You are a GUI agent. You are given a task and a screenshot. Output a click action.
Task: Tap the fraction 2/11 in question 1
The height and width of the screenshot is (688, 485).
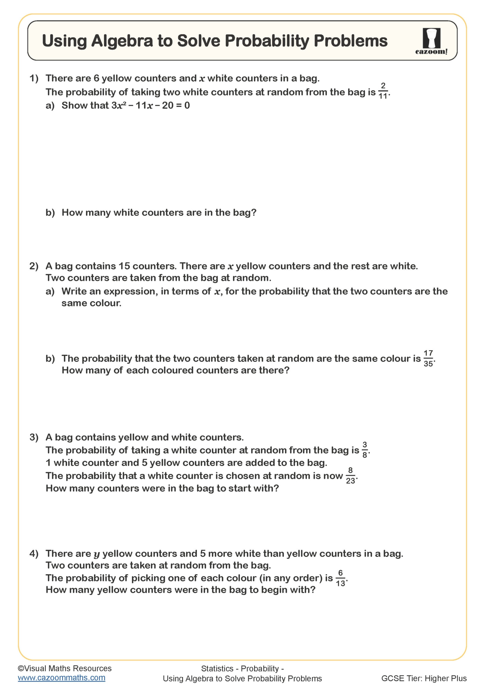pyautogui.click(x=383, y=91)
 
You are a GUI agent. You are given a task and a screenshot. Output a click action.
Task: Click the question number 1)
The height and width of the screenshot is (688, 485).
pyautogui.click(x=34, y=78)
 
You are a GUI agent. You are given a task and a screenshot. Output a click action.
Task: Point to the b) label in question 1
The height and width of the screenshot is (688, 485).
pyautogui.click(x=50, y=213)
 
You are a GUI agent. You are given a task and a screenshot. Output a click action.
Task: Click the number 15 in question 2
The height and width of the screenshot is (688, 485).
pyautogui.click(x=124, y=266)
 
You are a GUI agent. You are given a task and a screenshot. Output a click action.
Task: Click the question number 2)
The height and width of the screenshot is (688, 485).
pyautogui.click(x=34, y=266)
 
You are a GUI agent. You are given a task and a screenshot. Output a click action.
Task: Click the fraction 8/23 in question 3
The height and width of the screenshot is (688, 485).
pyautogui.click(x=350, y=475)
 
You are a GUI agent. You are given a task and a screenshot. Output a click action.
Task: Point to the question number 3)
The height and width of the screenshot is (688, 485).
pyautogui.click(x=34, y=437)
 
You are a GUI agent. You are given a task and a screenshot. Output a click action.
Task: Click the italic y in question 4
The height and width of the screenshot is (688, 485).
pyautogui.click(x=97, y=554)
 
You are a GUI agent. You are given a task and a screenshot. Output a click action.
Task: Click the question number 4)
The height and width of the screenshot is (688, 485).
pyautogui.click(x=34, y=553)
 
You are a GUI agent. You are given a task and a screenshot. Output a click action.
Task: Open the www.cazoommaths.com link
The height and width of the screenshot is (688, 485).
pyautogui.click(x=62, y=678)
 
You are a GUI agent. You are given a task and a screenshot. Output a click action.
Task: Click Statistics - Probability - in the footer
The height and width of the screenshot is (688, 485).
pyautogui.click(x=242, y=669)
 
